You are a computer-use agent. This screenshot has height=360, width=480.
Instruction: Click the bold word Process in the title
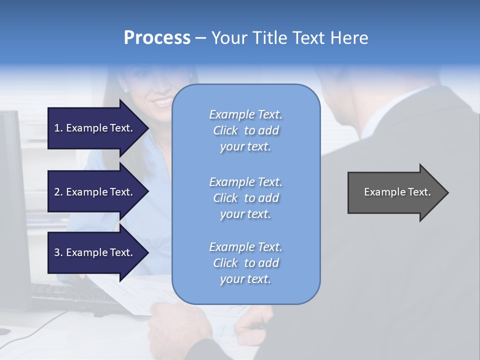[157, 38]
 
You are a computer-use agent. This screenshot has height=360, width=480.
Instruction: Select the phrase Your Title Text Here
[289, 38]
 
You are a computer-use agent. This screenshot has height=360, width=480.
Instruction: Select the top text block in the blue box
[245, 130]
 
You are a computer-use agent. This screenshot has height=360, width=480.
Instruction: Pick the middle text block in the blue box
[245, 198]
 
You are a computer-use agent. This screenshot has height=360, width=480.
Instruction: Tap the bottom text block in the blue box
[245, 263]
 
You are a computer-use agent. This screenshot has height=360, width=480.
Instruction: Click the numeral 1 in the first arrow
[57, 128]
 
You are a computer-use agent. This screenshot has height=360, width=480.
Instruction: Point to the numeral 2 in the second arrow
[57, 192]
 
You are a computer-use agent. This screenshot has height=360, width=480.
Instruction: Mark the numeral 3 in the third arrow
[57, 252]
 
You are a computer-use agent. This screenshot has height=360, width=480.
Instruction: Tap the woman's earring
[125, 90]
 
